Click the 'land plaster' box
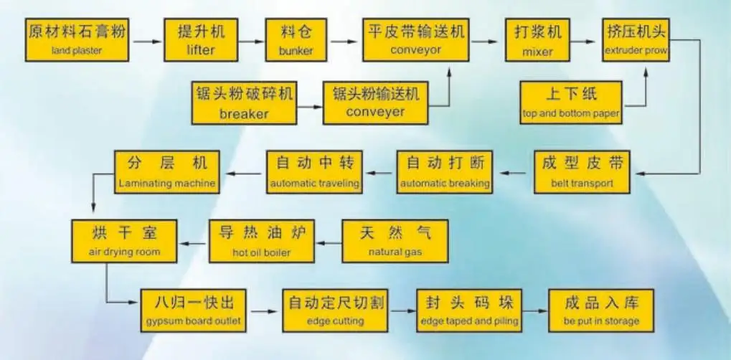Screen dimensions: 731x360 coord(77,40)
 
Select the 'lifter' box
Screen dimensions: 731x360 coord(201,40)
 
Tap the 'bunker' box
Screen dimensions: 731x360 coord(296,40)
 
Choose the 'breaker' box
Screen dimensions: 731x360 coord(244,103)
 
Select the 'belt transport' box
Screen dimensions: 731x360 coord(582,172)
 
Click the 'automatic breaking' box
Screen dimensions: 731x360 coord(445,172)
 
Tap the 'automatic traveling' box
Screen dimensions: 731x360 coord(313,172)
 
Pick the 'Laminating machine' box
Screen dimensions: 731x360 coord(167,172)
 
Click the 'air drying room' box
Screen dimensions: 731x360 coord(124,241)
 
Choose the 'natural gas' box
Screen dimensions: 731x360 coord(395,241)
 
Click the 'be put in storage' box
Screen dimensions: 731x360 coord(601,311)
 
